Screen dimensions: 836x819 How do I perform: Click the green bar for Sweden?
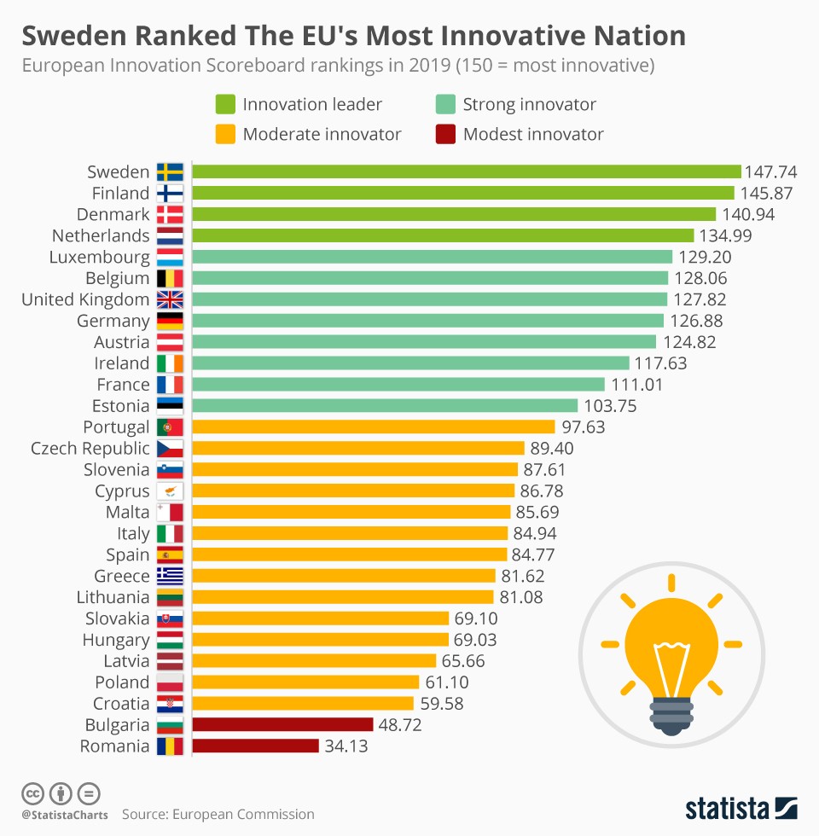[466, 171]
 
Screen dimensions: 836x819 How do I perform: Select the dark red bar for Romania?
[256, 746]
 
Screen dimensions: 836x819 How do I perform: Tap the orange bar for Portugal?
[374, 427]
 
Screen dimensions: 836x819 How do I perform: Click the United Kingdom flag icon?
[170, 299]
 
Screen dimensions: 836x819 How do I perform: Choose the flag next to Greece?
[170, 577]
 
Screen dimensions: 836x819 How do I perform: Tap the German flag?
[170, 321]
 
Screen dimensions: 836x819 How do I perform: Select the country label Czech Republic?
[90, 449]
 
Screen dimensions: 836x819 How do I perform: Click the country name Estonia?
[120, 406]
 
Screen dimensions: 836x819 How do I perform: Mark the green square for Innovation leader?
[225, 105]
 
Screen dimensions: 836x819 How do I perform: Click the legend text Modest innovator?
[533, 134]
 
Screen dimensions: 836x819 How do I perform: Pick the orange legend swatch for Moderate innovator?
[225, 134]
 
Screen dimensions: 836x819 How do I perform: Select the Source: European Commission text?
[218, 815]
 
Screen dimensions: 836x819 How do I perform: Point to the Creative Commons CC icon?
[32, 793]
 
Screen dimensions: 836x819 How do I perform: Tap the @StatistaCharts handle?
[64, 816]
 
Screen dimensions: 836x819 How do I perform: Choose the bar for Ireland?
[410, 363]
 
